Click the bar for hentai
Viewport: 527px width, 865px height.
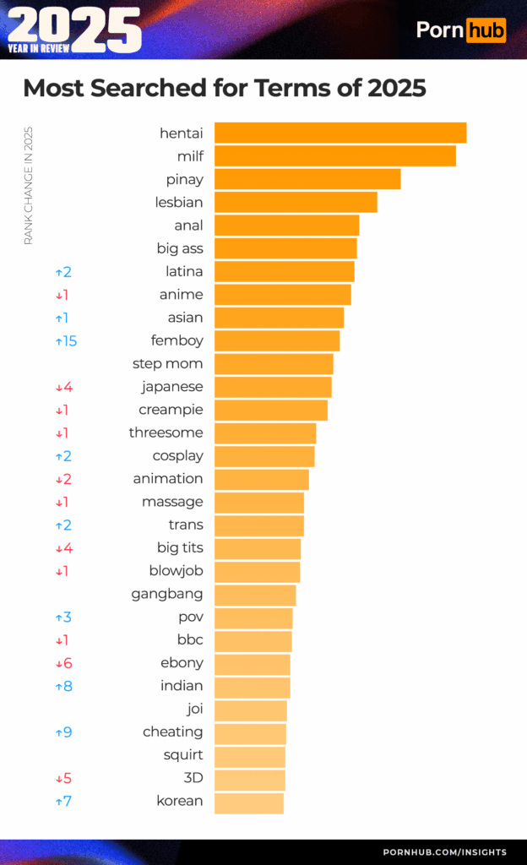tap(340, 133)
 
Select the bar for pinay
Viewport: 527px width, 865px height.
tap(307, 179)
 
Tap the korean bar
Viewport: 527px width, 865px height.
tap(249, 801)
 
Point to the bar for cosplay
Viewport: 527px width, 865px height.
tap(264, 455)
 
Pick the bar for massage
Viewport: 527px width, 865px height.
tap(259, 502)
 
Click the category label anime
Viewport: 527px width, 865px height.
tap(182, 294)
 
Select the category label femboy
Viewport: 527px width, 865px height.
tap(177, 340)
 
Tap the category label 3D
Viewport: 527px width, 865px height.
tap(193, 778)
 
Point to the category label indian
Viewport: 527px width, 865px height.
tap(182, 685)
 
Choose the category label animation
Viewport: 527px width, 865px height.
tap(168, 478)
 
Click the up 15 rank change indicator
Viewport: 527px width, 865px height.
tap(66, 341)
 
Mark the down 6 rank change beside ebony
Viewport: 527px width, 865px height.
tap(63, 663)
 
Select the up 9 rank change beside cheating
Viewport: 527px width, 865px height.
tap(63, 732)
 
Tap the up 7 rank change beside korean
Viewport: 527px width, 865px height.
tap(63, 801)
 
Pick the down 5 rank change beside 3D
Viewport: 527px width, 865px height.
tap(63, 778)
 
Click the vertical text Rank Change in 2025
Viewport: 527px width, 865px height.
tap(28, 186)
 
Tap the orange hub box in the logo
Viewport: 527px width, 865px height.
tap(486, 31)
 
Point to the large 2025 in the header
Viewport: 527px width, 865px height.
tap(74, 25)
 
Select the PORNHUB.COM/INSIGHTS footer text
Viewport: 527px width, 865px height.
tap(444, 851)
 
